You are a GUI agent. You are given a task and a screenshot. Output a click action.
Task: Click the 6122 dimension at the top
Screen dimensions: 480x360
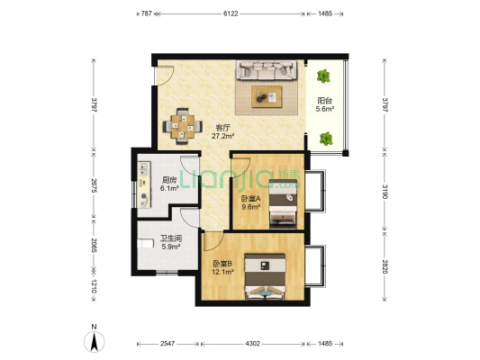[231, 13]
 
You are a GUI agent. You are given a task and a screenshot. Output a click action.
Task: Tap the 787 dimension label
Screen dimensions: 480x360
[146, 13]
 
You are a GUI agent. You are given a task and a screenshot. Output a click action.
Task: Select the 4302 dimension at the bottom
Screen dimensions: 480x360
[252, 344]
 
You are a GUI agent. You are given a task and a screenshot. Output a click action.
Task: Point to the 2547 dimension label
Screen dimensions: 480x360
[168, 344]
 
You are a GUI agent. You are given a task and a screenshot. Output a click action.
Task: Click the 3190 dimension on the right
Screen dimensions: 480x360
[385, 192]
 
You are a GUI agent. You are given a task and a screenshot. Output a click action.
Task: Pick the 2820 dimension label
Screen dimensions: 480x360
[385, 266]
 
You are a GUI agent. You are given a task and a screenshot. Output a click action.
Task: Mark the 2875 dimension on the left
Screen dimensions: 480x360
[94, 185]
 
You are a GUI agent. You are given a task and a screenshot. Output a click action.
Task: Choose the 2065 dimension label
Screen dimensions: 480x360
[94, 246]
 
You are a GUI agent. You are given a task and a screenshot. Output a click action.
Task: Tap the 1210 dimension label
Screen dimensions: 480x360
[94, 286]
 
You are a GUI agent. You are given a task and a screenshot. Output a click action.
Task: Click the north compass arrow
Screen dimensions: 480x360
[95, 341]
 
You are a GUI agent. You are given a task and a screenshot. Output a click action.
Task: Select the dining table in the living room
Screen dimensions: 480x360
[183, 126]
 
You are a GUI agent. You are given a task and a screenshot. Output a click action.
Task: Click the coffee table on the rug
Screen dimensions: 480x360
[267, 96]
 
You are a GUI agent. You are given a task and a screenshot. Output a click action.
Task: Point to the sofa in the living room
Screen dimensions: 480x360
[267, 70]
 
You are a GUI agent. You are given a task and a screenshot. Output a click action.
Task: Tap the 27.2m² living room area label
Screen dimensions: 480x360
[222, 136]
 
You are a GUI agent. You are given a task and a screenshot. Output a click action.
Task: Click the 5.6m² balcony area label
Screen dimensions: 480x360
[324, 109]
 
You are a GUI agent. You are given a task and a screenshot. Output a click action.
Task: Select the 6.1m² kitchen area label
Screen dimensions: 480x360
[169, 188]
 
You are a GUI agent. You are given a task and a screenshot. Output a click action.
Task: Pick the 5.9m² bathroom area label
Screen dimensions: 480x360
[170, 247]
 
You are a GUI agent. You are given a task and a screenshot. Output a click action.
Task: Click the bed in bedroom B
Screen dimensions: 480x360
[265, 276]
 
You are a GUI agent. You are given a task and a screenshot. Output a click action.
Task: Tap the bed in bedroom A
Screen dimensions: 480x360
[283, 204]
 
